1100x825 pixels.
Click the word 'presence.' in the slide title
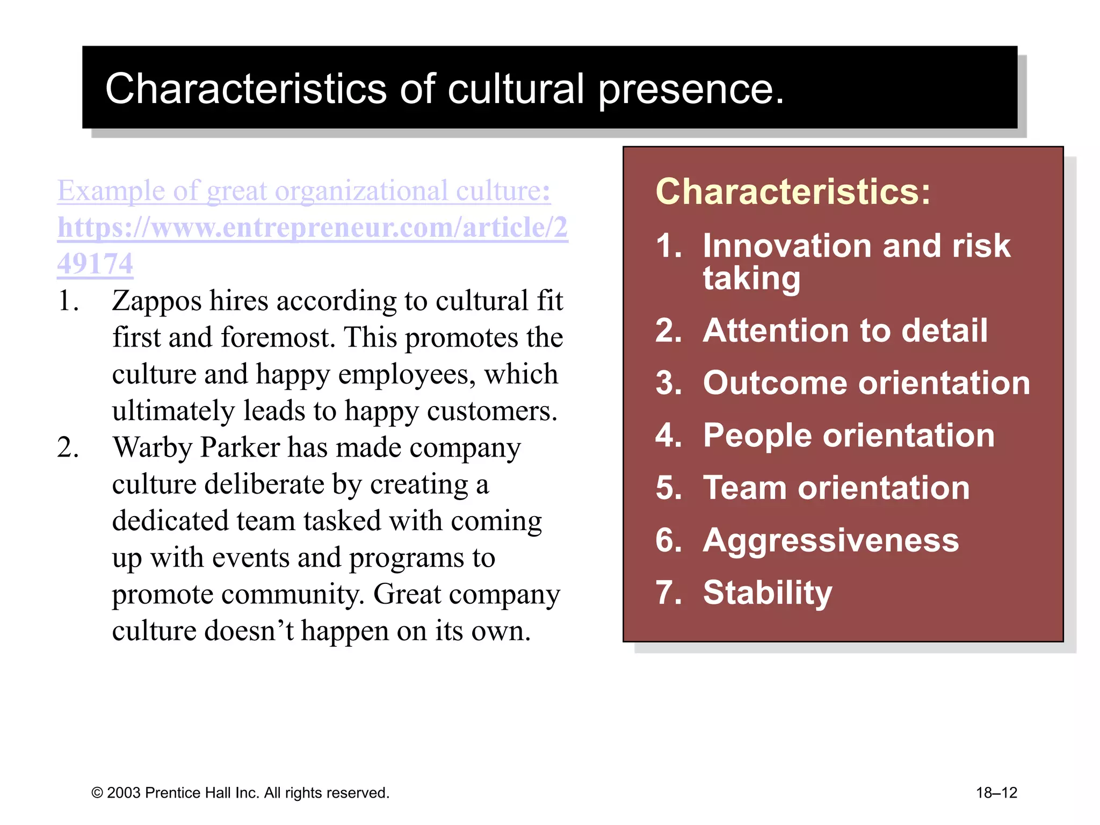[691, 90]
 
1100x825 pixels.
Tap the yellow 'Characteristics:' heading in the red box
[793, 192]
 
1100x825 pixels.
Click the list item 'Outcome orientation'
[866, 383]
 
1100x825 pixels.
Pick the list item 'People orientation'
[849, 435]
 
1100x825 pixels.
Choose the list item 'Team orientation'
[836, 488]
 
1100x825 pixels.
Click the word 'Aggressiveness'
[831, 540]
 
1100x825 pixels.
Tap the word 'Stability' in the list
[768, 592]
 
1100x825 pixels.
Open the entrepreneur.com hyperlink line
[313, 227]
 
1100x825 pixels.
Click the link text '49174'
[95, 264]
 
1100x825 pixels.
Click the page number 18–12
[996, 793]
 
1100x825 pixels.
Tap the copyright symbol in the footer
[97, 793]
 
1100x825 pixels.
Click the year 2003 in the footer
[124, 793]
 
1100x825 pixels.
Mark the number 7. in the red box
[668, 592]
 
